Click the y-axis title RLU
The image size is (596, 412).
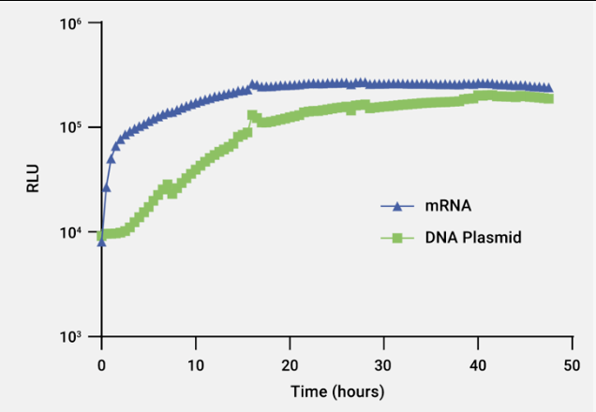33,179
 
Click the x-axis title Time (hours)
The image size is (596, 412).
336,390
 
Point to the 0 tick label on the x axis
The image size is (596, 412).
102,361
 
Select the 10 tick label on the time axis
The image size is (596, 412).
196,361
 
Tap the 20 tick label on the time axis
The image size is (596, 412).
291,361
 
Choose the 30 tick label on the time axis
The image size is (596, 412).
384,361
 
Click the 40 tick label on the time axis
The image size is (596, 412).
479,361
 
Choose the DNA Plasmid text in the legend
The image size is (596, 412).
472,238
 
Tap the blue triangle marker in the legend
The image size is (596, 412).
397,207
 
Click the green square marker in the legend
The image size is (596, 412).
397,238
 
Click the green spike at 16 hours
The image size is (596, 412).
252,115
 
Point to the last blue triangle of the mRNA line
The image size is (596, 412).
548,88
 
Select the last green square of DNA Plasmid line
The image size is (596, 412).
548,98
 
